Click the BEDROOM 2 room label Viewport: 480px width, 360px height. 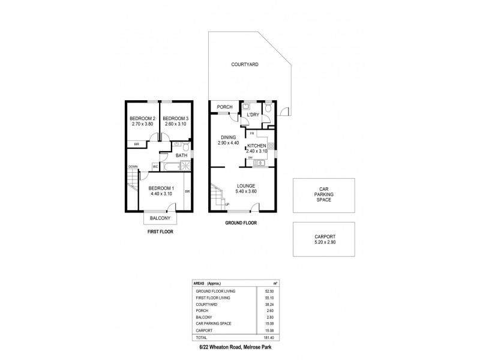[143, 118]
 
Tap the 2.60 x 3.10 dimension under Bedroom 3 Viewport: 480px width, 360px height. [176, 124]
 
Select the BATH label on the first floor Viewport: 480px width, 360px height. [181, 155]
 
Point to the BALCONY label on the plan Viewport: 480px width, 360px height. [159, 218]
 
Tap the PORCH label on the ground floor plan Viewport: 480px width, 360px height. [225, 107]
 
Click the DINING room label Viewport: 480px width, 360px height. [228, 137]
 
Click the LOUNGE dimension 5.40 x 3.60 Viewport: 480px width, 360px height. [247, 191]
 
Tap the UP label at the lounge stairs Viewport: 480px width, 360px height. [226, 205]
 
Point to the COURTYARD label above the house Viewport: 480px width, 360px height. [245, 64]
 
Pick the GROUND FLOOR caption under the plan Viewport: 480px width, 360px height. [241, 223]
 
